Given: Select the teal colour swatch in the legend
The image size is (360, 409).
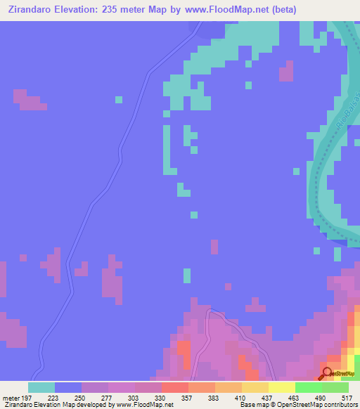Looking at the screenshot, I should (x=41, y=387).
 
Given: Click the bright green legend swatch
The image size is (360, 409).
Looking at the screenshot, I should (x=309, y=387).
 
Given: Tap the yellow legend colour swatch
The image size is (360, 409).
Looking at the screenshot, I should (x=282, y=387).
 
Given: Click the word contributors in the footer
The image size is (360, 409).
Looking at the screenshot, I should (x=337, y=404).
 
